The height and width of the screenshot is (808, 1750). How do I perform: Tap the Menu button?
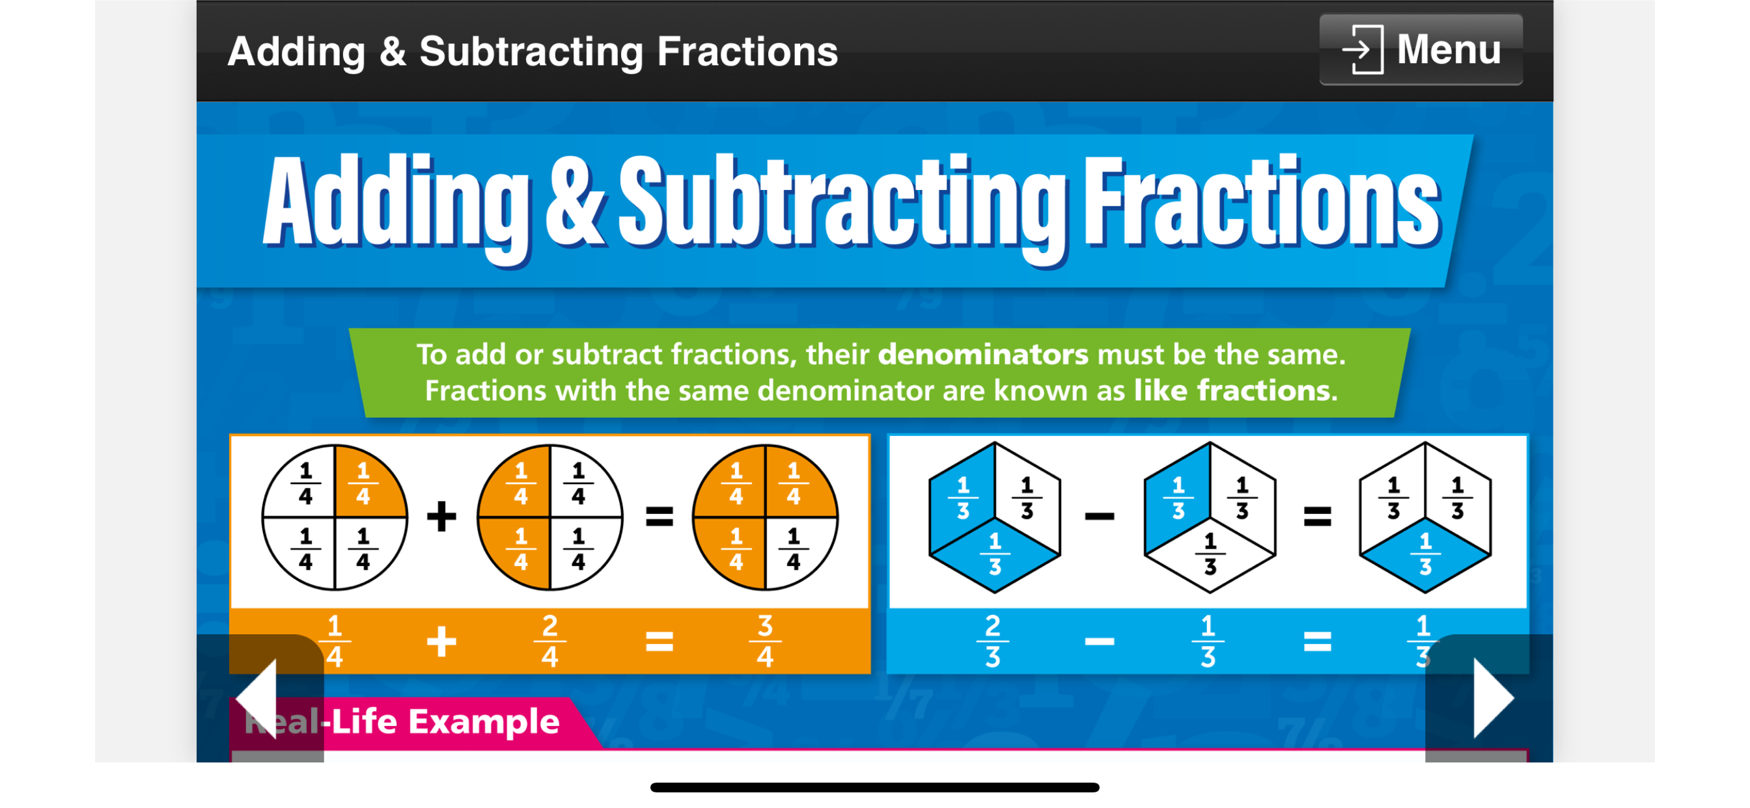(x=1421, y=49)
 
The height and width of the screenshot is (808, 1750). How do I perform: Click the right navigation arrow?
(x=1493, y=698)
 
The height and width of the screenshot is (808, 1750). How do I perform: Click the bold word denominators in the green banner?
(x=983, y=355)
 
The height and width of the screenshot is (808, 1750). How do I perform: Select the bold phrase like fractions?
(x=1236, y=390)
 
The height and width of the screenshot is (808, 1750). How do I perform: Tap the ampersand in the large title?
(x=575, y=202)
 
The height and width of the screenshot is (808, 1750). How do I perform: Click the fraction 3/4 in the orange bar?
(x=765, y=640)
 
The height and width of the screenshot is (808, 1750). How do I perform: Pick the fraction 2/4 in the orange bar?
(x=549, y=640)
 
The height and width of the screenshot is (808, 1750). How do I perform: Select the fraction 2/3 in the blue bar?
(x=993, y=640)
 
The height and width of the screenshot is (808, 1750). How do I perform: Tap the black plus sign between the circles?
(x=441, y=517)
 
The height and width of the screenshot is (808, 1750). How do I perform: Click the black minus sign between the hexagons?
(x=1099, y=517)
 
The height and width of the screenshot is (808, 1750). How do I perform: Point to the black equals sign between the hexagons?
(x=1317, y=517)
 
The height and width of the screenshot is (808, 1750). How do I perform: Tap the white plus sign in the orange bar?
(x=441, y=641)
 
